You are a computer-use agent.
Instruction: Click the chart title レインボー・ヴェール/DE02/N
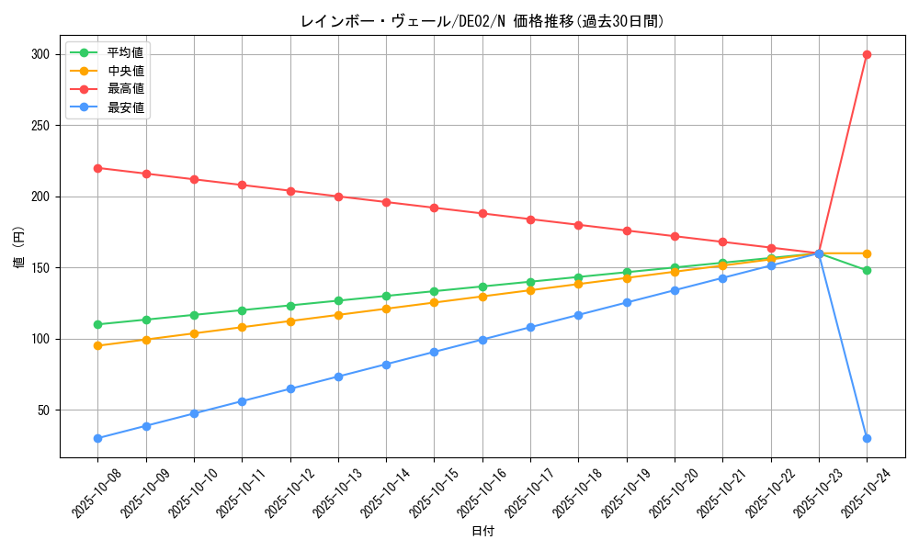482,21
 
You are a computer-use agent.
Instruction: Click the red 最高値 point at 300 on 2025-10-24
867,54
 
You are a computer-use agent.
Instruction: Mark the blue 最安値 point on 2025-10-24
867,438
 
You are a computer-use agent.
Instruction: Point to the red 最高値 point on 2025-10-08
97,168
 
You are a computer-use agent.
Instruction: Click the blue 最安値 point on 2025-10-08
97,438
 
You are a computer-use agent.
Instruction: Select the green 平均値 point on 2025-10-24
867,270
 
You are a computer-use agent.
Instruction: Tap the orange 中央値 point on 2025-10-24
867,253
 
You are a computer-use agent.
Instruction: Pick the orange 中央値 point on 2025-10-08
97,345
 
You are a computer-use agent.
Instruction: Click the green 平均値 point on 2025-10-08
97,324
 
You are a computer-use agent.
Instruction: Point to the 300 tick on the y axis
40,54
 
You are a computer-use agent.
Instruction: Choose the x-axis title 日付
482,532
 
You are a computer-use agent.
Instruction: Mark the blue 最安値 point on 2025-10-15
434,352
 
